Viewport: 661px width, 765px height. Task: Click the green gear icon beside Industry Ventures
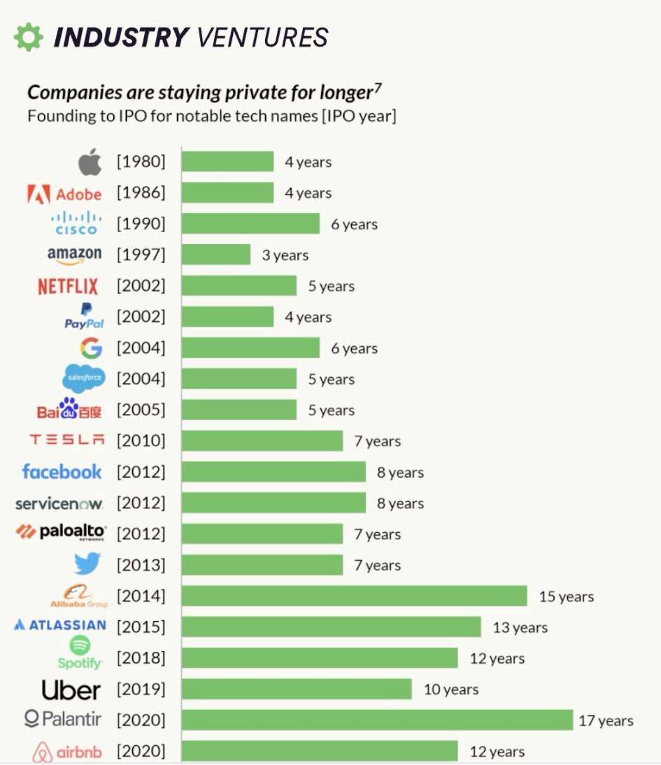28,37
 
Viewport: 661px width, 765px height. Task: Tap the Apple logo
90,162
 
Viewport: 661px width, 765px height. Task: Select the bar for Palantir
377,720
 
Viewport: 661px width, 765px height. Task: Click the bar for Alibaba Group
354,596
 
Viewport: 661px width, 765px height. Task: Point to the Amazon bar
215,255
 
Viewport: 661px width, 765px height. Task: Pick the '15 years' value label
566,597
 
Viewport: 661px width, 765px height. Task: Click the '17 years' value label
606,721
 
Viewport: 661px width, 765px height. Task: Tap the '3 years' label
285,255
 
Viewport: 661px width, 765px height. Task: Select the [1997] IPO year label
141,255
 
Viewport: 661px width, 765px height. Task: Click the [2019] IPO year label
141,689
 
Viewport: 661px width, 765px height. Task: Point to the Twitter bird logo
87,564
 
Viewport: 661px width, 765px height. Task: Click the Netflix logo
68,286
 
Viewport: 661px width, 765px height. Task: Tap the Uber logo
71,689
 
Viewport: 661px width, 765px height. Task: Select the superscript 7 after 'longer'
378,87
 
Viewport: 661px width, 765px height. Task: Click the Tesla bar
262,441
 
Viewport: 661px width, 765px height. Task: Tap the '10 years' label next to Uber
451,689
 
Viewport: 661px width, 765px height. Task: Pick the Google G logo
91,348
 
